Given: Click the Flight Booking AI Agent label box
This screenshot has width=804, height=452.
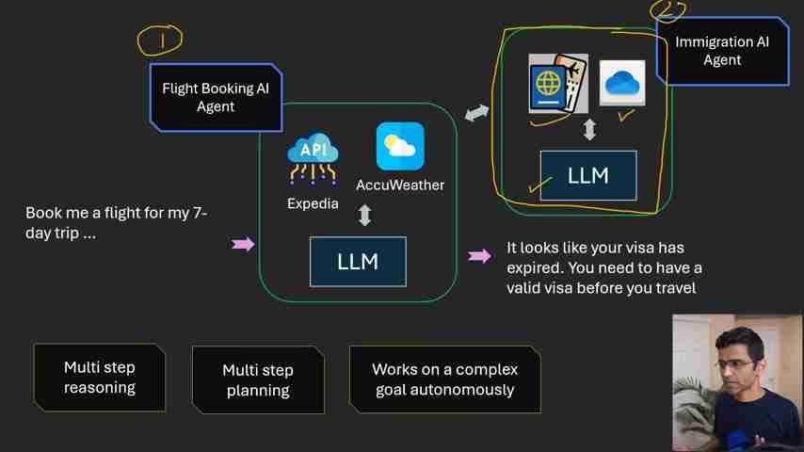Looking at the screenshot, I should tap(216, 97).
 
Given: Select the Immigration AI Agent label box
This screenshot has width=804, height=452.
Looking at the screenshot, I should tap(722, 51).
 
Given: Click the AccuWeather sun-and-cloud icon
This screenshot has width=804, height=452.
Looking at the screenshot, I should tap(400, 147).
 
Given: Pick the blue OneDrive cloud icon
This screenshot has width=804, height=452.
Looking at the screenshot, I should tap(622, 83).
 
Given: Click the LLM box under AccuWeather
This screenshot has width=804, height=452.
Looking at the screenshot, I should tap(358, 262).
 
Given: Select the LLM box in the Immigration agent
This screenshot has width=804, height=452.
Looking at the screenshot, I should tap(588, 176).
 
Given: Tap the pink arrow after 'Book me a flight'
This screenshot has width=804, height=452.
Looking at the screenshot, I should tap(243, 245).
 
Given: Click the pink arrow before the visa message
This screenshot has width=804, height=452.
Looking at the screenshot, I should tap(479, 255).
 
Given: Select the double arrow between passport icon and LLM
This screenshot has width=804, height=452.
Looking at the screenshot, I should tap(589, 130).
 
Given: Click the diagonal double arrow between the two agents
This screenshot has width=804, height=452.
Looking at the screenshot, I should tap(477, 113).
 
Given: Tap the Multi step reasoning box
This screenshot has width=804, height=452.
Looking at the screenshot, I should tap(100, 378).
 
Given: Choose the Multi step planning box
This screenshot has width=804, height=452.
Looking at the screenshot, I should tap(258, 380).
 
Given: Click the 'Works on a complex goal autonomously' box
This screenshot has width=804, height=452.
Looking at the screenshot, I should tap(444, 379).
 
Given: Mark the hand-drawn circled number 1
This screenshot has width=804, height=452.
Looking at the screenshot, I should tap(161, 40).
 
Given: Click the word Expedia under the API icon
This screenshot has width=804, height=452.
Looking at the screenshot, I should tap(313, 203).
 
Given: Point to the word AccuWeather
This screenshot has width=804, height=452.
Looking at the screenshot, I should tap(400, 186).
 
